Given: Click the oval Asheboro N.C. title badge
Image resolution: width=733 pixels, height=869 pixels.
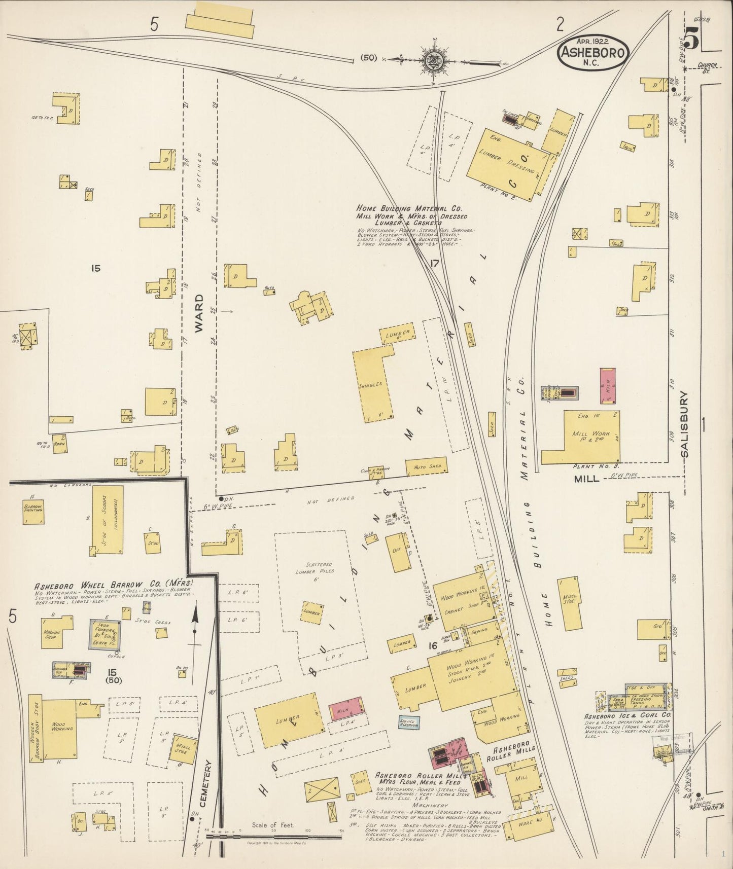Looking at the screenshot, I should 593,53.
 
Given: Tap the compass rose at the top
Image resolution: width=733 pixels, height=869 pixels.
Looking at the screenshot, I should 434,59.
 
